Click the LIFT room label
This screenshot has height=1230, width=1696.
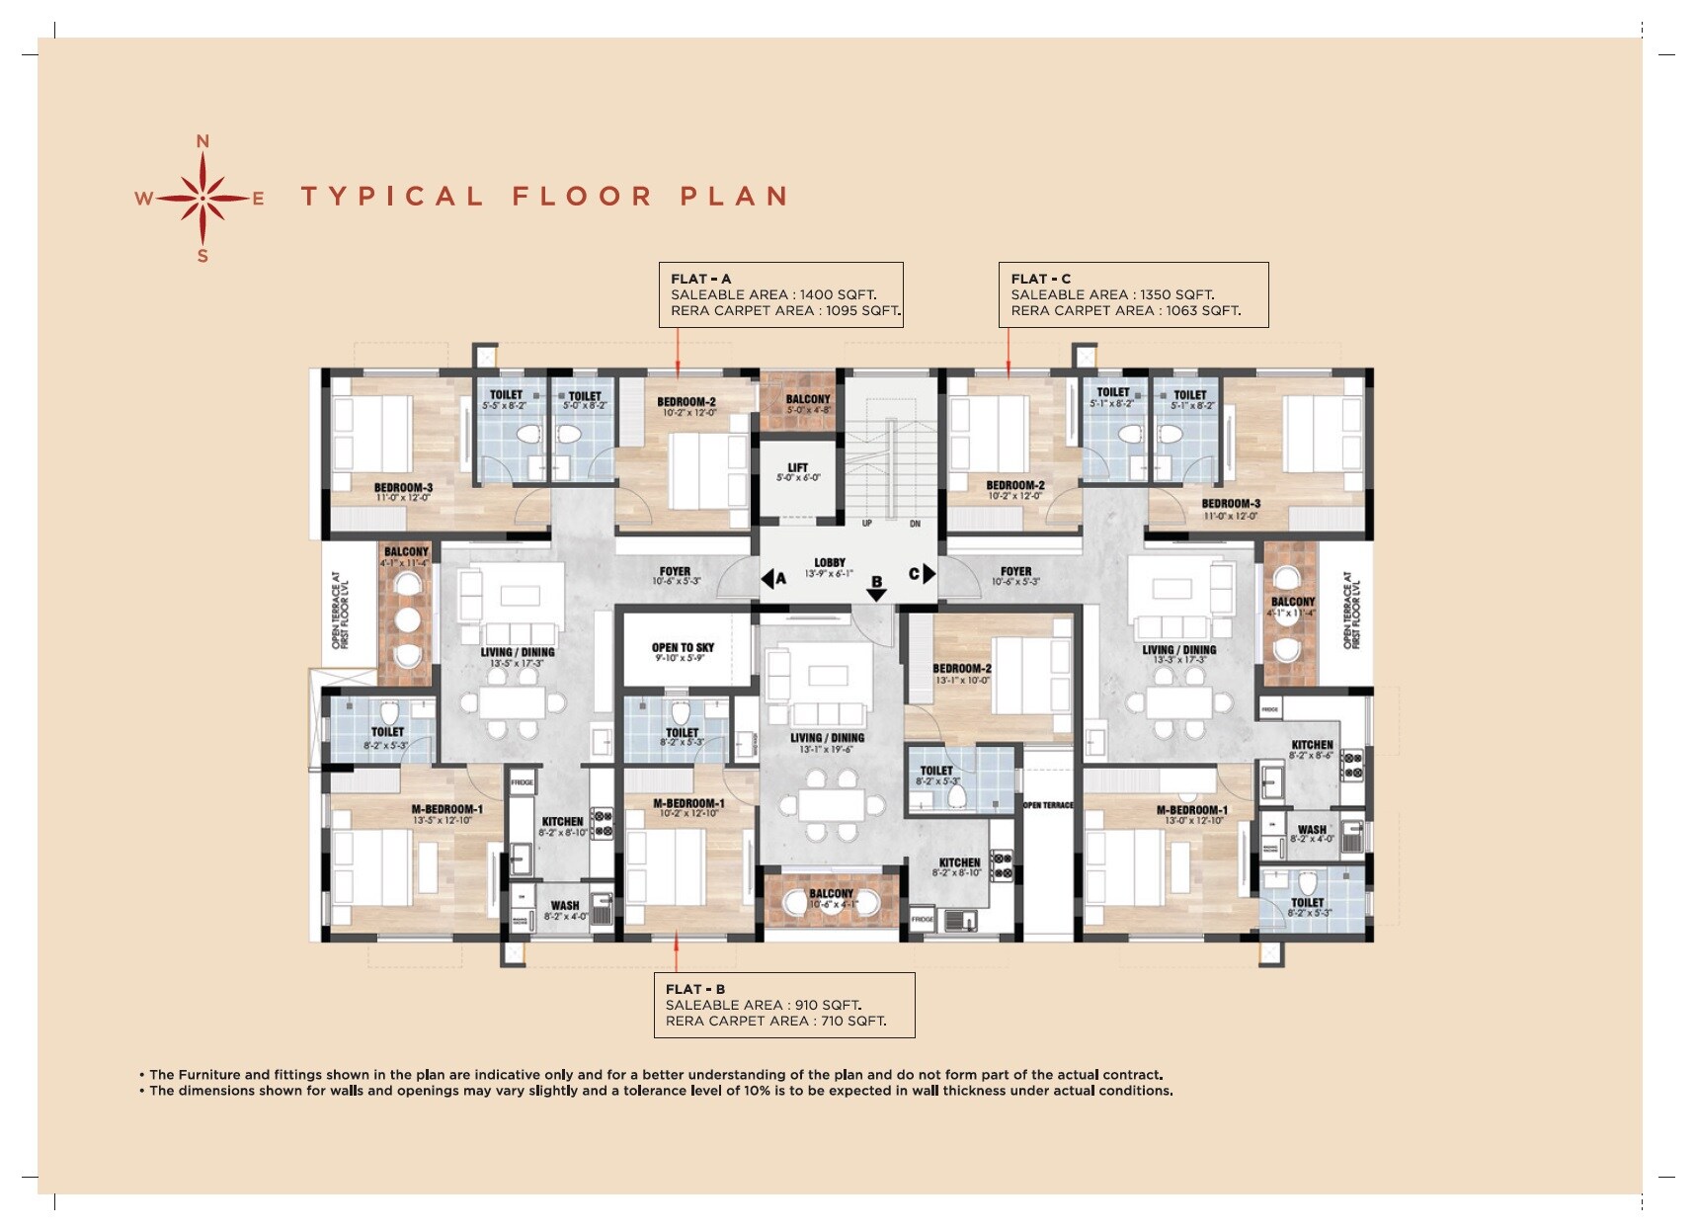click(797, 468)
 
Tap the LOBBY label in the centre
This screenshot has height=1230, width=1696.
click(829, 563)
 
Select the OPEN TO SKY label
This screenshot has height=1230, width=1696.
click(683, 648)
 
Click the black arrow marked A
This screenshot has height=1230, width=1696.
click(768, 578)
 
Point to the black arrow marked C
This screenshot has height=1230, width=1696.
click(928, 573)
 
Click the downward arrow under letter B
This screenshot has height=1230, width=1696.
click(876, 595)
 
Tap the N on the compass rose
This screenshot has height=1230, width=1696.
click(202, 142)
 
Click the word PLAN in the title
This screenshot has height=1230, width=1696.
click(734, 196)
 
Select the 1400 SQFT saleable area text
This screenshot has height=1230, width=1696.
click(838, 294)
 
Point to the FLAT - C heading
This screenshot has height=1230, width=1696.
click(1040, 279)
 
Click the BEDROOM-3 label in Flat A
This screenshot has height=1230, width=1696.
click(403, 488)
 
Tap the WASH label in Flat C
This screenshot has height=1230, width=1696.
click(1312, 830)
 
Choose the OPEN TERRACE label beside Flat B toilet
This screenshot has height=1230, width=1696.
click(1048, 805)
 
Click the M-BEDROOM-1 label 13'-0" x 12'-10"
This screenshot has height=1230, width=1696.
click(1191, 810)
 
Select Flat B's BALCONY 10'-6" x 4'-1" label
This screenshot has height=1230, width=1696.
click(831, 894)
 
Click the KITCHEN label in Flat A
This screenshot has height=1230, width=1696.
click(562, 822)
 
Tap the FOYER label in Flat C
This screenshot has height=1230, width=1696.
click(1015, 571)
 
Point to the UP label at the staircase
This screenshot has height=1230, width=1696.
click(866, 524)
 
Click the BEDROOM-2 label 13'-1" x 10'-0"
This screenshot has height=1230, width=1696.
click(961, 669)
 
